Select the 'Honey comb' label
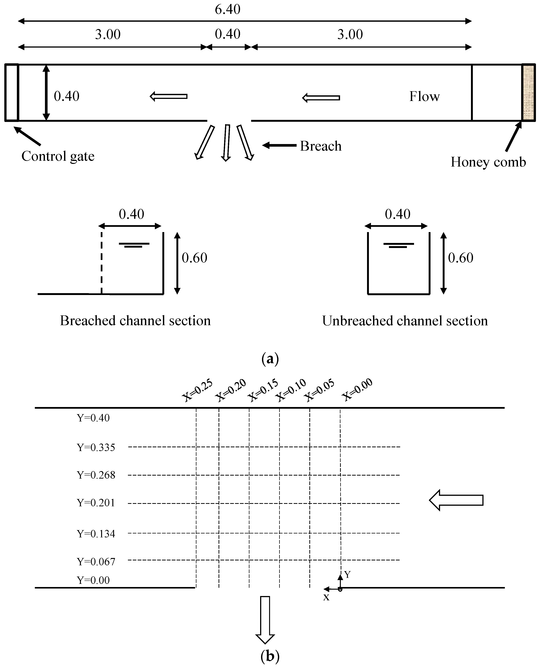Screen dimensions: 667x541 (x=488, y=162)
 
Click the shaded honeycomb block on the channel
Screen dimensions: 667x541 (x=528, y=93)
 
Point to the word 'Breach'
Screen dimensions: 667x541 (x=320, y=146)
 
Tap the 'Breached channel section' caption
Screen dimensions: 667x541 (x=135, y=321)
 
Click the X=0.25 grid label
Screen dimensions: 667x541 (x=197, y=390)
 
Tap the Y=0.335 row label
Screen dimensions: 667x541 (x=96, y=448)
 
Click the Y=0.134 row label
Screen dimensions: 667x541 (x=96, y=534)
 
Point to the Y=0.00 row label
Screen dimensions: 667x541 (x=93, y=580)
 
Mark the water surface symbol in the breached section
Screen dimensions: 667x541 (x=134, y=245)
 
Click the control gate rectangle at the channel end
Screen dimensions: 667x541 (x=12, y=93)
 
